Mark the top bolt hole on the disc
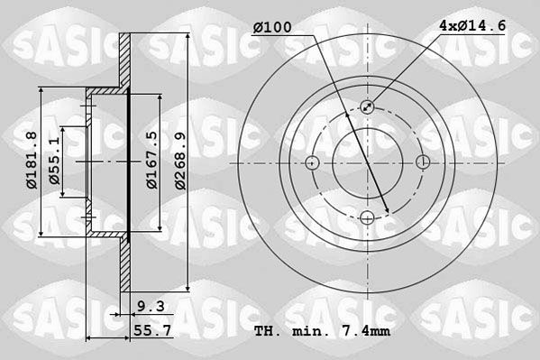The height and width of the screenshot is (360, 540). (x=367, y=107)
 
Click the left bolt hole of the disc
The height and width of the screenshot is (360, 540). (x=312, y=162)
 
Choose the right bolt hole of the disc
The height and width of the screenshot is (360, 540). (x=423, y=162)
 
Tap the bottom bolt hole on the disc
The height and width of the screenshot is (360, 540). (x=367, y=217)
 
